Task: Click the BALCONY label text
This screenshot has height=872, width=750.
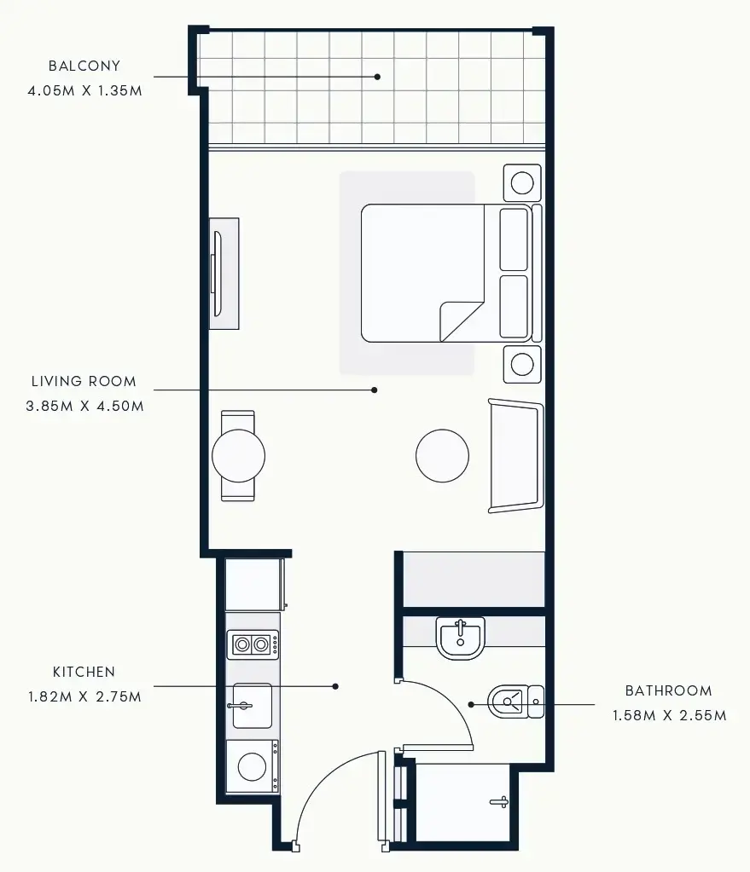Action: click(x=84, y=66)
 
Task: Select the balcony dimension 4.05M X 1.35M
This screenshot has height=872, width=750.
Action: click(x=84, y=89)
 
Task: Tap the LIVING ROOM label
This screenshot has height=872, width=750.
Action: click(x=84, y=382)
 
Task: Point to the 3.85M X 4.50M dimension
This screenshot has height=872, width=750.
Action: click(x=84, y=406)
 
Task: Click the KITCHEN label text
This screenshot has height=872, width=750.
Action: click(x=84, y=673)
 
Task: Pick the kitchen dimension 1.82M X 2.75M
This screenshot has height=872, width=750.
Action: click(x=84, y=696)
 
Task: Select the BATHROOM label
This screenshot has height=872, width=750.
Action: click(x=668, y=691)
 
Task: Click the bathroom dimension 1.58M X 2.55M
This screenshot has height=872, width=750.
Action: click(x=669, y=715)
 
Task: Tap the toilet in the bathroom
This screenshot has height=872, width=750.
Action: click(x=514, y=702)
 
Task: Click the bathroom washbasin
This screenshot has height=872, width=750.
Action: click(x=460, y=638)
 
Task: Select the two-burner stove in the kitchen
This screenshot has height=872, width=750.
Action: click(x=253, y=644)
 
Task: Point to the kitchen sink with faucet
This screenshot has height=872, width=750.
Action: click(x=252, y=705)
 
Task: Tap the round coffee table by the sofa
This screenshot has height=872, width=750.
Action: click(x=442, y=455)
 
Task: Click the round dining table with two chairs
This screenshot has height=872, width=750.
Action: click(x=238, y=456)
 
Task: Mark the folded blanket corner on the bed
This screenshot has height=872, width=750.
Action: click(x=462, y=321)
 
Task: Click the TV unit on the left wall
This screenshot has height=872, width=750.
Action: click(x=224, y=273)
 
